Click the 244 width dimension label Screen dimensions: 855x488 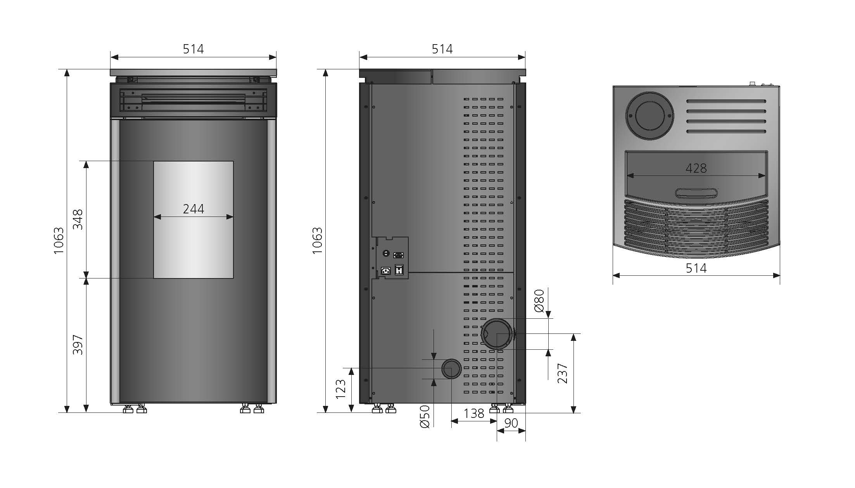click(x=193, y=209)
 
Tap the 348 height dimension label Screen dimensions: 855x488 click(x=78, y=219)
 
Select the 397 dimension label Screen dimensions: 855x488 click(x=78, y=345)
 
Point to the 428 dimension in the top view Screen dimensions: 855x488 click(x=696, y=168)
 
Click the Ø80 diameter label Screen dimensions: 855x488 click(x=539, y=301)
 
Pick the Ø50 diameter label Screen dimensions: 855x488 click(x=425, y=416)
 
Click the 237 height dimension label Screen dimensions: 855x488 click(x=562, y=373)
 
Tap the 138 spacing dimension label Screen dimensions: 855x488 click(x=474, y=413)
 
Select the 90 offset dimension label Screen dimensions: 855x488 click(x=511, y=423)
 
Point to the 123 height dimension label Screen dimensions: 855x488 click(x=340, y=389)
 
